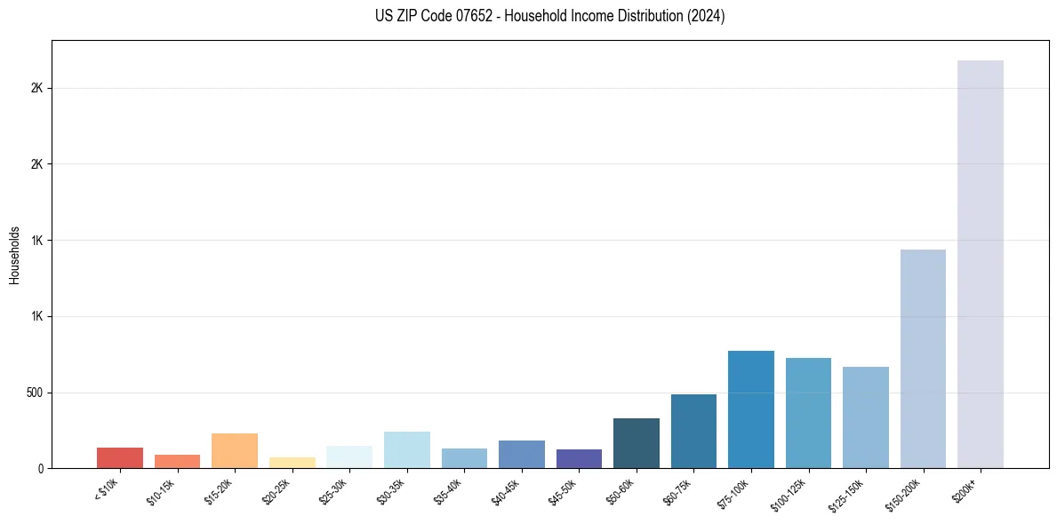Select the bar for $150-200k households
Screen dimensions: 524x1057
pyautogui.click(x=923, y=359)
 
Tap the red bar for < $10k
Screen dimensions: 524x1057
pyautogui.click(x=120, y=457)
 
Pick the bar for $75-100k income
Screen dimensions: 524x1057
pyautogui.click(x=750, y=409)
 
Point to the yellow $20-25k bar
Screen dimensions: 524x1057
pyautogui.click(x=292, y=463)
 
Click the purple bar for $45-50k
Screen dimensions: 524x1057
pyautogui.click(x=579, y=458)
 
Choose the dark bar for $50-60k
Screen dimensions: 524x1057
pyautogui.click(x=637, y=443)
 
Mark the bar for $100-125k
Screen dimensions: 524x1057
pyautogui.click(x=808, y=413)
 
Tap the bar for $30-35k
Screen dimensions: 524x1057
pyautogui.click(x=406, y=449)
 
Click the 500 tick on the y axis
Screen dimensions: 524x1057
pyautogui.click(x=36, y=393)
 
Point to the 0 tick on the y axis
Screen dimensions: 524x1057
pyautogui.click(x=41, y=468)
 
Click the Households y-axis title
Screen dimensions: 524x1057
pyautogui.click(x=14, y=255)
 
